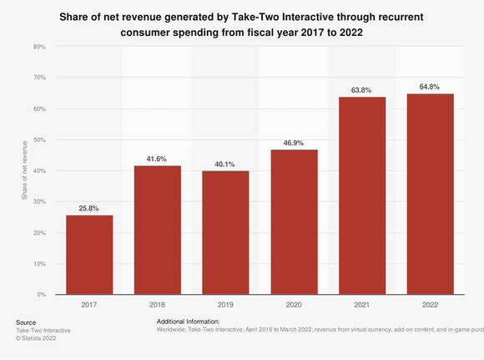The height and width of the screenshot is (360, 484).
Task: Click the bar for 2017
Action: click(89, 255)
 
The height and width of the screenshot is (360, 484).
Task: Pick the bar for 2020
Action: click(294, 221)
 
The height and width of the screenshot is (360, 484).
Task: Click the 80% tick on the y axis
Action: click(38, 47)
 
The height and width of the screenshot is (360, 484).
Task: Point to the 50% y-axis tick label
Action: click(38, 139)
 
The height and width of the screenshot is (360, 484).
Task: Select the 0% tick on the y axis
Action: click(40, 295)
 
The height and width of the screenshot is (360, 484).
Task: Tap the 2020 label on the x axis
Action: click(294, 306)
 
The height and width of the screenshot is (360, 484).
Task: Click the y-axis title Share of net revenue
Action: click(24, 171)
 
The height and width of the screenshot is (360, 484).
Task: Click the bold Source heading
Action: click(26, 322)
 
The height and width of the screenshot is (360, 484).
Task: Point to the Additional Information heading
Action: click(188, 322)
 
